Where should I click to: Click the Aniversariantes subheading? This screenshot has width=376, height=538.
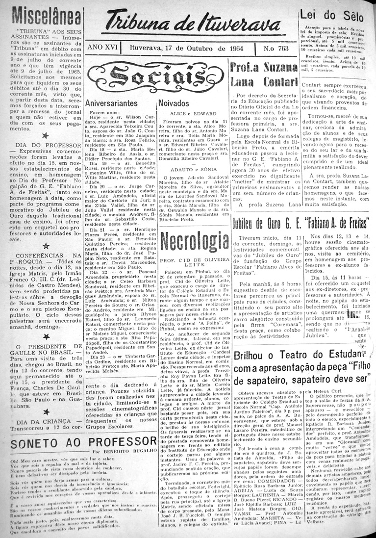click(x=111, y=103)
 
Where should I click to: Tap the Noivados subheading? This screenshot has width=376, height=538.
click(x=174, y=103)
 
